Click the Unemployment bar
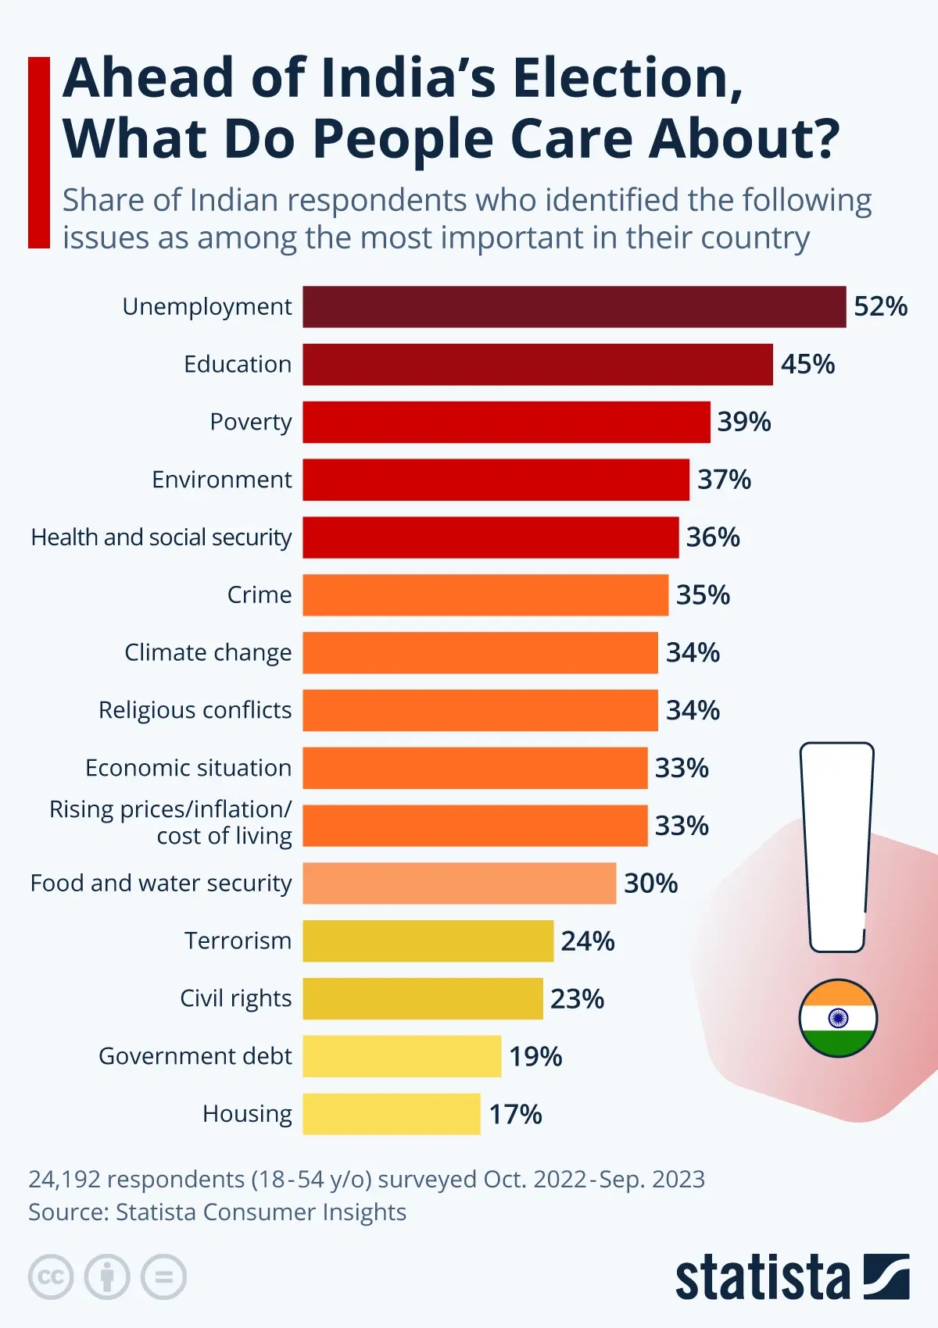[575, 307]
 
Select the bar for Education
[538, 365]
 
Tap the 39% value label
[744, 422]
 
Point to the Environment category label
[222, 480]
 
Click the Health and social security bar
[491, 537]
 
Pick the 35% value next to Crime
[703, 595]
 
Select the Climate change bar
[480, 653]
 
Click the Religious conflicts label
[195, 710]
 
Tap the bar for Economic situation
[475, 768]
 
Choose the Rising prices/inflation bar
[475, 826]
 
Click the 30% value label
[650, 884]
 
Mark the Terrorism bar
[428, 941]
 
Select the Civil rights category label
[236, 998]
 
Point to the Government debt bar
[402, 1056]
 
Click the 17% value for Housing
[515, 1114]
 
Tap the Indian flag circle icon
[838, 1018]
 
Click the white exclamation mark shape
[837, 844]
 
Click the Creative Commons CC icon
[51, 1277]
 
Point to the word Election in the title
[626, 78]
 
